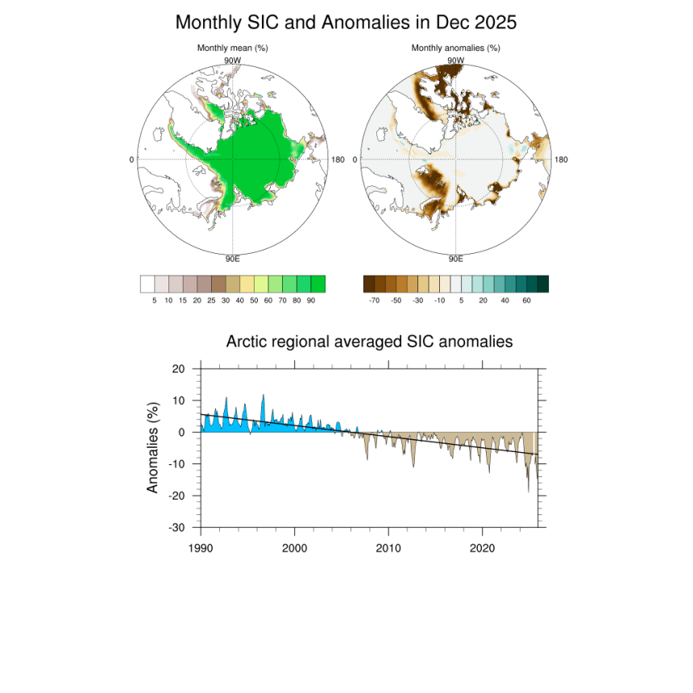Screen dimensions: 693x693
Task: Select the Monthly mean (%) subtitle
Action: pyautogui.click(x=232, y=48)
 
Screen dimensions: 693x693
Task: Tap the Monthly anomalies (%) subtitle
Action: pyautogui.click(x=455, y=48)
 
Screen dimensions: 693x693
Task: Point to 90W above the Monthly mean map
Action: pyautogui.click(x=232, y=60)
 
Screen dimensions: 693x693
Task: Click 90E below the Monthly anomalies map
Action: pyautogui.click(x=455, y=259)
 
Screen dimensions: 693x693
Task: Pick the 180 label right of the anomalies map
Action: pyautogui.click(x=561, y=160)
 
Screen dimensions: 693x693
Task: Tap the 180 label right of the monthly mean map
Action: pyautogui.click(x=338, y=160)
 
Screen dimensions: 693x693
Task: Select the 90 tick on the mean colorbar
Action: pyautogui.click(x=312, y=300)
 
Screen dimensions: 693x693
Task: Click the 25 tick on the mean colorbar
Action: pyautogui.click(x=211, y=300)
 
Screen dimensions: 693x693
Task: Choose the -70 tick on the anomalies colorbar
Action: pyautogui.click(x=374, y=300)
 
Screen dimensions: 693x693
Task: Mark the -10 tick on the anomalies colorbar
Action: pyautogui.click(x=440, y=300)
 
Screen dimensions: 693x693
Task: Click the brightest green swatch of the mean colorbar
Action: pyautogui.click(x=318, y=284)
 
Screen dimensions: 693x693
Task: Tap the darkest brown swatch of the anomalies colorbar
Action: pyautogui.click(x=369, y=284)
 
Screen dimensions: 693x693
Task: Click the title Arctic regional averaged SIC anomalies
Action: pyautogui.click(x=369, y=342)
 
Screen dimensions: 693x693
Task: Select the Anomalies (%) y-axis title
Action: pyautogui.click(x=153, y=447)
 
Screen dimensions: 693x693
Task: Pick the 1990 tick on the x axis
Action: pyautogui.click(x=201, y=547)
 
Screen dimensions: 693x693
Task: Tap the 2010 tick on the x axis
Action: pyautogui.click(x=388, y=547)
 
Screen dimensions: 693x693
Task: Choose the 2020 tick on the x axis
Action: pyautogui.click(x=482, y=547)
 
